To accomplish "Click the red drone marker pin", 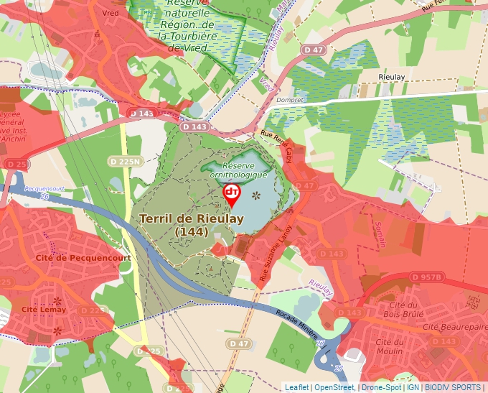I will tap(232, 194).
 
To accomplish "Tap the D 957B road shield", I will tap(428, 277).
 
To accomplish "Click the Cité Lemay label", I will tap(44, 310).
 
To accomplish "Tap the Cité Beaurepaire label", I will tap(451, 327).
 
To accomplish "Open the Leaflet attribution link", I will tap(296, 387).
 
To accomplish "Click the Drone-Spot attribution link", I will tap(380, 387).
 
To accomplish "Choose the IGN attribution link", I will tap(413, 387).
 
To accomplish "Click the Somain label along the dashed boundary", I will tap(383, 234).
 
